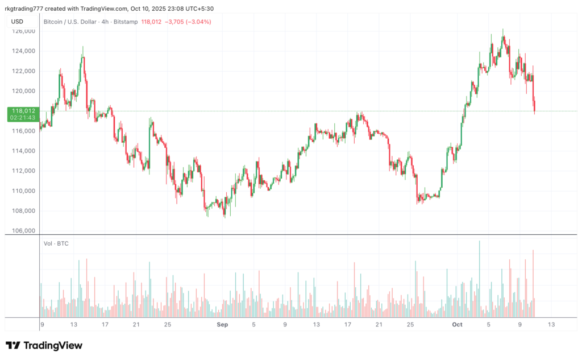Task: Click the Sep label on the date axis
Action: (x=222, y=325)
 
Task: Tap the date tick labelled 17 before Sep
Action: (x=105, y=325)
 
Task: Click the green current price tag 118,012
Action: (x=22, y=111)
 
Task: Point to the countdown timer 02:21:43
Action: (x=22, y=118)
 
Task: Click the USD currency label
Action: (x=18, y=22)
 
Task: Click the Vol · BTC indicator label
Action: (x=56, y=244)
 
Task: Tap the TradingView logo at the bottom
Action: (x=44, y=345)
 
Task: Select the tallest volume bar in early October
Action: (x=479, y=279)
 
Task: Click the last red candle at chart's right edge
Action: (x=535, y=106)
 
